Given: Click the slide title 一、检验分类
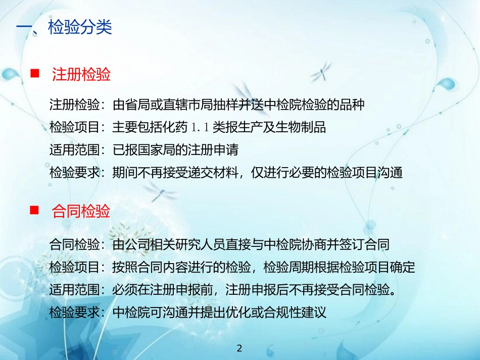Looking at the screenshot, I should (x=65, y=27).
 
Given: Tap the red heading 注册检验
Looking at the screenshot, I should (x=81, y=75).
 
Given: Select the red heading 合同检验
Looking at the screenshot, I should (x=81, y=211).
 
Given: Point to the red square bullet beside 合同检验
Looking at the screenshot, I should (x=35, y=211).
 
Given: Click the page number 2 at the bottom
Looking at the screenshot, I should (x=240, y=348).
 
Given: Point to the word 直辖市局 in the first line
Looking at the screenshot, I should (x=214, y=105).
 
